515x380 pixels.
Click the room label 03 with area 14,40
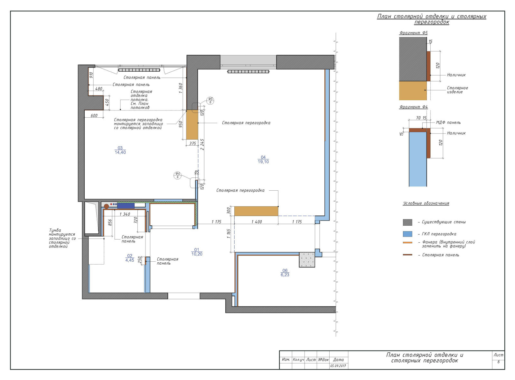120,150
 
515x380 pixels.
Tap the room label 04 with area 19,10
263,159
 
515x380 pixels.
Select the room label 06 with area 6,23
285,273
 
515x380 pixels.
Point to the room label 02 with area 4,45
130,258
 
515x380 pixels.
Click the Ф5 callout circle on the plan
210,100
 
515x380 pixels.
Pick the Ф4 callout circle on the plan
177,175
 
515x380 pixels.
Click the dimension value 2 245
202,144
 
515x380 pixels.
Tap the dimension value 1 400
257,222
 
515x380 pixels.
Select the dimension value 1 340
125,214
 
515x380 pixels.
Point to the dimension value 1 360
181,88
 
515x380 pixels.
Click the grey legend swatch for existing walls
407,222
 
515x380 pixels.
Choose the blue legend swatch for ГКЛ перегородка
407,234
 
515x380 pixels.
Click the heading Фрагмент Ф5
413,33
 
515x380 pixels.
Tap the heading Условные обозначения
426,203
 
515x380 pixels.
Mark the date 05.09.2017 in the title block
338,366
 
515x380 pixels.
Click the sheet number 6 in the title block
498,362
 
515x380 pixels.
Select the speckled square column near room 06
307,259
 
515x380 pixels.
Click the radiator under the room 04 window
248,72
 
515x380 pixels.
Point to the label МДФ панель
448,122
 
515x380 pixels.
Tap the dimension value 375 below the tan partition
192,143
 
